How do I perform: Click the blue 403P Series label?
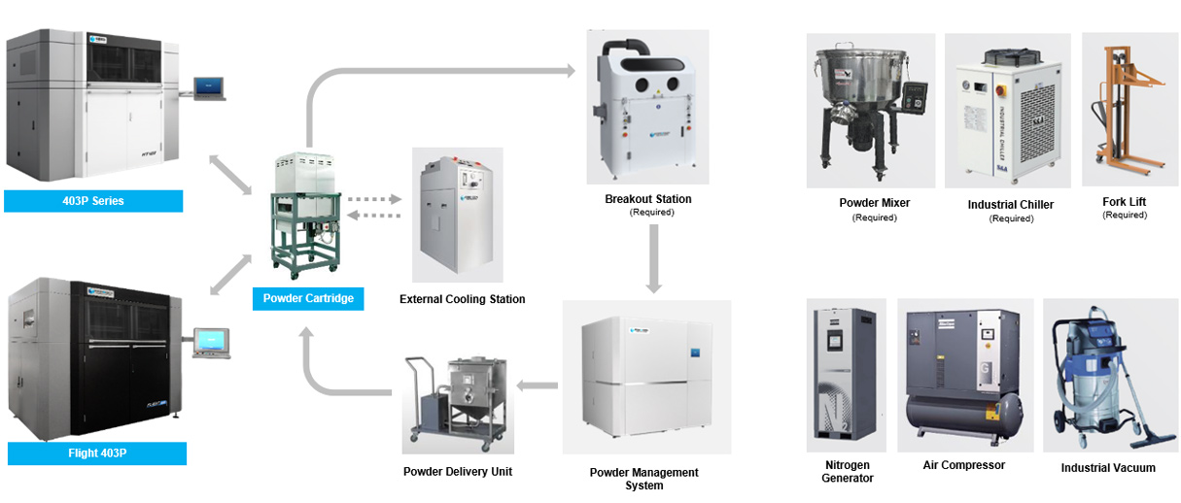(x=93, y=201)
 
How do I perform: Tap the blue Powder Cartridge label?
(x=308, y=298)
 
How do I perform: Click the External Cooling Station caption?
(x=462, y=299)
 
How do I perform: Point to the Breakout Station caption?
(x=647, y=199)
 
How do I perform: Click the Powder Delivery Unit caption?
(x=457, y=472)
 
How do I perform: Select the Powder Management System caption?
(x=643, y=479)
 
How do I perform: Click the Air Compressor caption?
(x=963, y=465)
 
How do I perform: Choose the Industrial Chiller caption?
(x=1010, y=205)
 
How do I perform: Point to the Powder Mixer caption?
(x=874, y=203)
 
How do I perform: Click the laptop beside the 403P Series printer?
(x=210, y=89)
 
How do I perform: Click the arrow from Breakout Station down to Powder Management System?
(x=653, y=259)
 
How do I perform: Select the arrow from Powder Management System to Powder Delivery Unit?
(x=537, y=386)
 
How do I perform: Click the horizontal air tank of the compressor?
(x=962, y=409)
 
